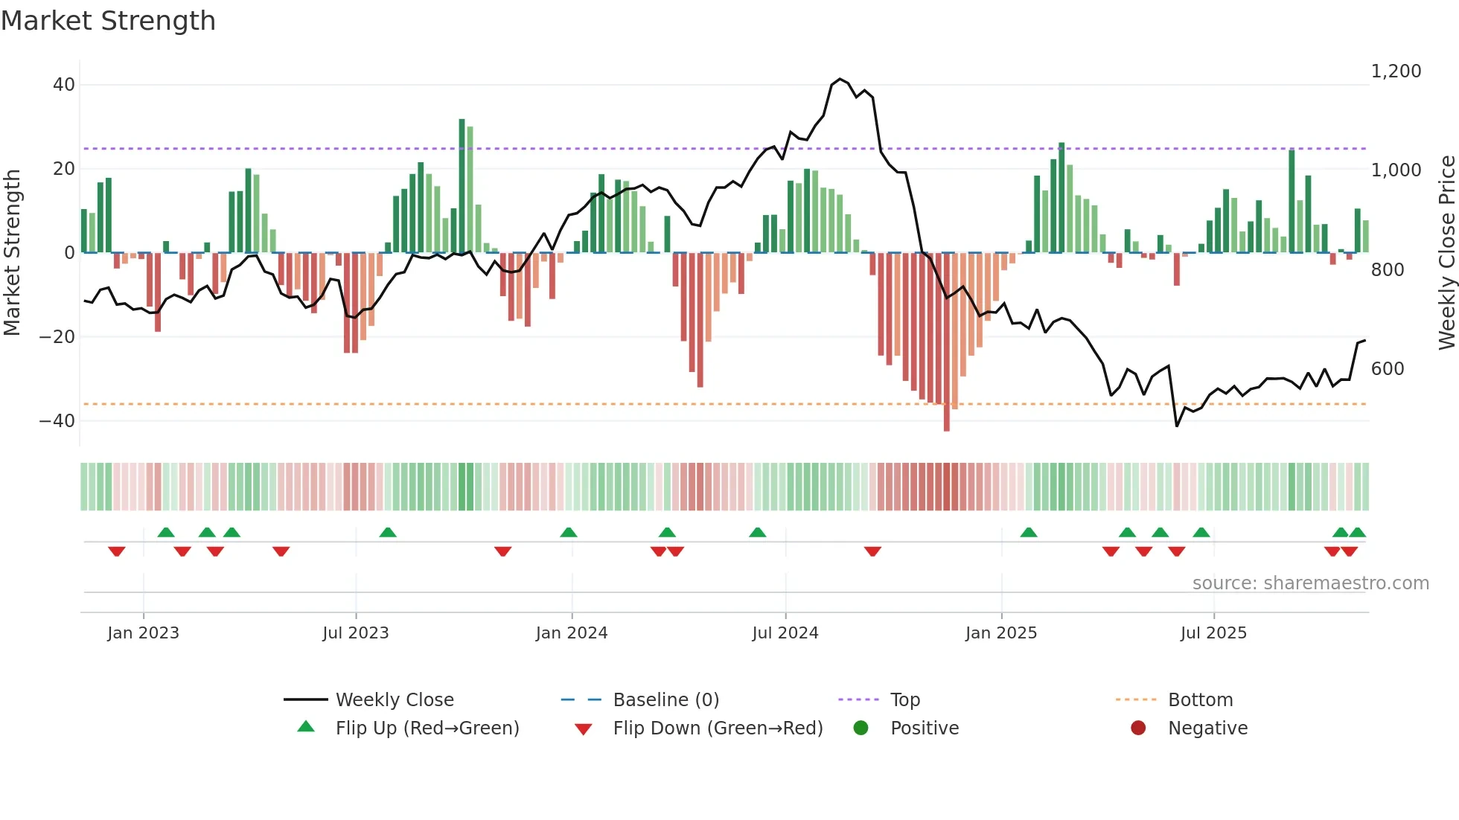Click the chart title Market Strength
pos(108,21)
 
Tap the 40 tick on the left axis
pos(64,85)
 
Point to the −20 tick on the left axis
pos(57,337)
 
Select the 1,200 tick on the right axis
pos(1396,71)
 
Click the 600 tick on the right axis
pos(1388,369)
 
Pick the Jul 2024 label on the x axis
pos(785,633)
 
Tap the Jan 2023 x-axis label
pos(143,633)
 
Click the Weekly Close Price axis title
pos(1446,253)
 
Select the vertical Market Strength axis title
pos(12,253)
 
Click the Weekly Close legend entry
pos(394,700)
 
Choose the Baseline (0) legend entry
pos(665,700)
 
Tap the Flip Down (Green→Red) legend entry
pos(718,728)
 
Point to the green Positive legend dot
pos(861,728)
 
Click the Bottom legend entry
pos(1200,700)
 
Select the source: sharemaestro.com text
pos(1310,583)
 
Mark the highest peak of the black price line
pos(840,79)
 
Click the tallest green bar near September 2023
pos(462,186)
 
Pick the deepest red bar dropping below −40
pos(946,342)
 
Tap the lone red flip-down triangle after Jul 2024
pos(872,551)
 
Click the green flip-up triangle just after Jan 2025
pos(1028,532)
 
